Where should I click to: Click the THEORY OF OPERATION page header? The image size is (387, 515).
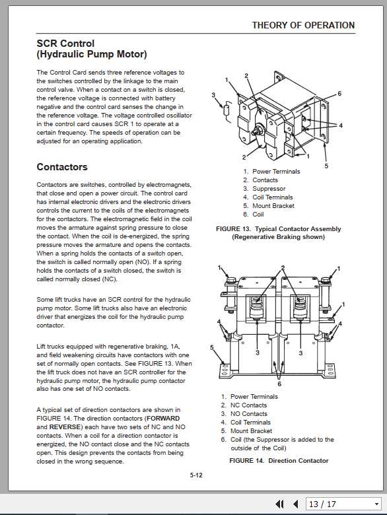303,25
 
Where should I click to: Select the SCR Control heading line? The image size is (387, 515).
65,44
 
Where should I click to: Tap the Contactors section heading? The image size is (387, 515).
62,167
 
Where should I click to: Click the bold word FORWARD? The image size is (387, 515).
163,419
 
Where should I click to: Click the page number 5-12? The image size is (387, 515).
196,474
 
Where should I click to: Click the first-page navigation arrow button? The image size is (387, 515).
280,504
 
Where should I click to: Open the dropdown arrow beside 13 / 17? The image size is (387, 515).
376,504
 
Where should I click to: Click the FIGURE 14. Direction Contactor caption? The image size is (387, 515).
279,460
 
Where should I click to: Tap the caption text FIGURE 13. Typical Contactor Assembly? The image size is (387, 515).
279,229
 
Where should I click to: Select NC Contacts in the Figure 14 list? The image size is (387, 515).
248,405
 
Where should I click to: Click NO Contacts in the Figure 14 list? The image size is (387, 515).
248,414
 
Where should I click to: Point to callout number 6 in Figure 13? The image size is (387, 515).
339,94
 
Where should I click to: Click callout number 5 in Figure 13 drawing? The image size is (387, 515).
326,166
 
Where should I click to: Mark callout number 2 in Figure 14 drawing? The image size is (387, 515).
282,268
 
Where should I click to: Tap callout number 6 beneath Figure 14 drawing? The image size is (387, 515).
279,384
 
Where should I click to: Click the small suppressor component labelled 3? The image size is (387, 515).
226,110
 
